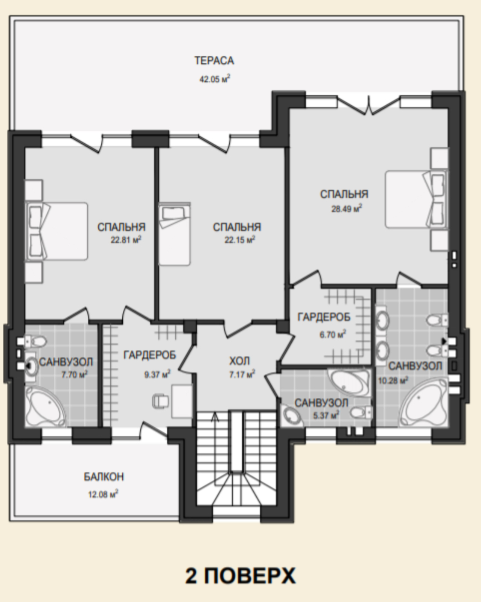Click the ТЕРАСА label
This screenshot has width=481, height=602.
pyautogui.click(x=214, y=61)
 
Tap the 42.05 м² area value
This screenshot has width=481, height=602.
pyautogui.click(x=215, y=79)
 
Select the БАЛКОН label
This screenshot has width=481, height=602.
pyautogui.click(x=104, y=477)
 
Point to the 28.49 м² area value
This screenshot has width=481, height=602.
pyautogui.click(x=347, y=208)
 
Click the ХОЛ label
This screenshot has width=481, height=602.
pyautogui.click(x=239, y=361)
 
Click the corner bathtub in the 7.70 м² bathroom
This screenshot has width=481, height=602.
pyautogui.click(x=46, y=406)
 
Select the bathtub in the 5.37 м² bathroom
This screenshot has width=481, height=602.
pyautogui.click(x=349, y=383)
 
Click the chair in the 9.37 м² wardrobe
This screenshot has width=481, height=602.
pyautogui.click(x=160, y=401)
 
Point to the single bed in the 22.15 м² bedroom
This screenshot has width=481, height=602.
pyautogui.click(x=174, y=234)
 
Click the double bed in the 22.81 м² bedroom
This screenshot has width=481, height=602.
pyautogui.click(x=57, y=231)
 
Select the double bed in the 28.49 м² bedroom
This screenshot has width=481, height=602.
pyautogui.click(x=416, y=199)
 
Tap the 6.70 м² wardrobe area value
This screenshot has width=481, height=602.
pyautogui.click(x=333, y=334)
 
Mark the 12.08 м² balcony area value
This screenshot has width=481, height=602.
pyautogui.click(x=103, y=494)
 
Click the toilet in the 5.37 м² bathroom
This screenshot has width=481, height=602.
pyautogui.click(x=361, y=412)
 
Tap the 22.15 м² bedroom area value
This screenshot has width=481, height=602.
pyautogui.click(x=240, y=240)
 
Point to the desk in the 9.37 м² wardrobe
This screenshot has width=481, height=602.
pyautogui.click(x=182, y=401)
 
